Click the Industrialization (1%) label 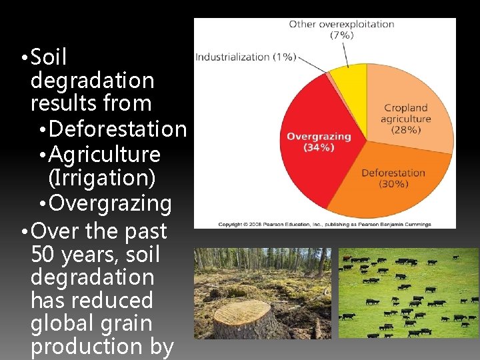click(x=245, y=57)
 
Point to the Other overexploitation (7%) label click(x=341, y=29)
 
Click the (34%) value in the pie click(x=301, y=147)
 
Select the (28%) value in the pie click(x=406, y=130)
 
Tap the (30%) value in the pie click(x=393, y=183)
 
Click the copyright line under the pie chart click(x=325, y=224)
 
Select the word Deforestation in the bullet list click(x=118, y=129)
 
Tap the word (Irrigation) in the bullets click(x=99, y=178)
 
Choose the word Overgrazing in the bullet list click(x=111, y=203)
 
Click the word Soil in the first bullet click(x=49, y=58)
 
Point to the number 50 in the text click(x=43, y=255)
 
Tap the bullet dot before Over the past click(x=24, y=233)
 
